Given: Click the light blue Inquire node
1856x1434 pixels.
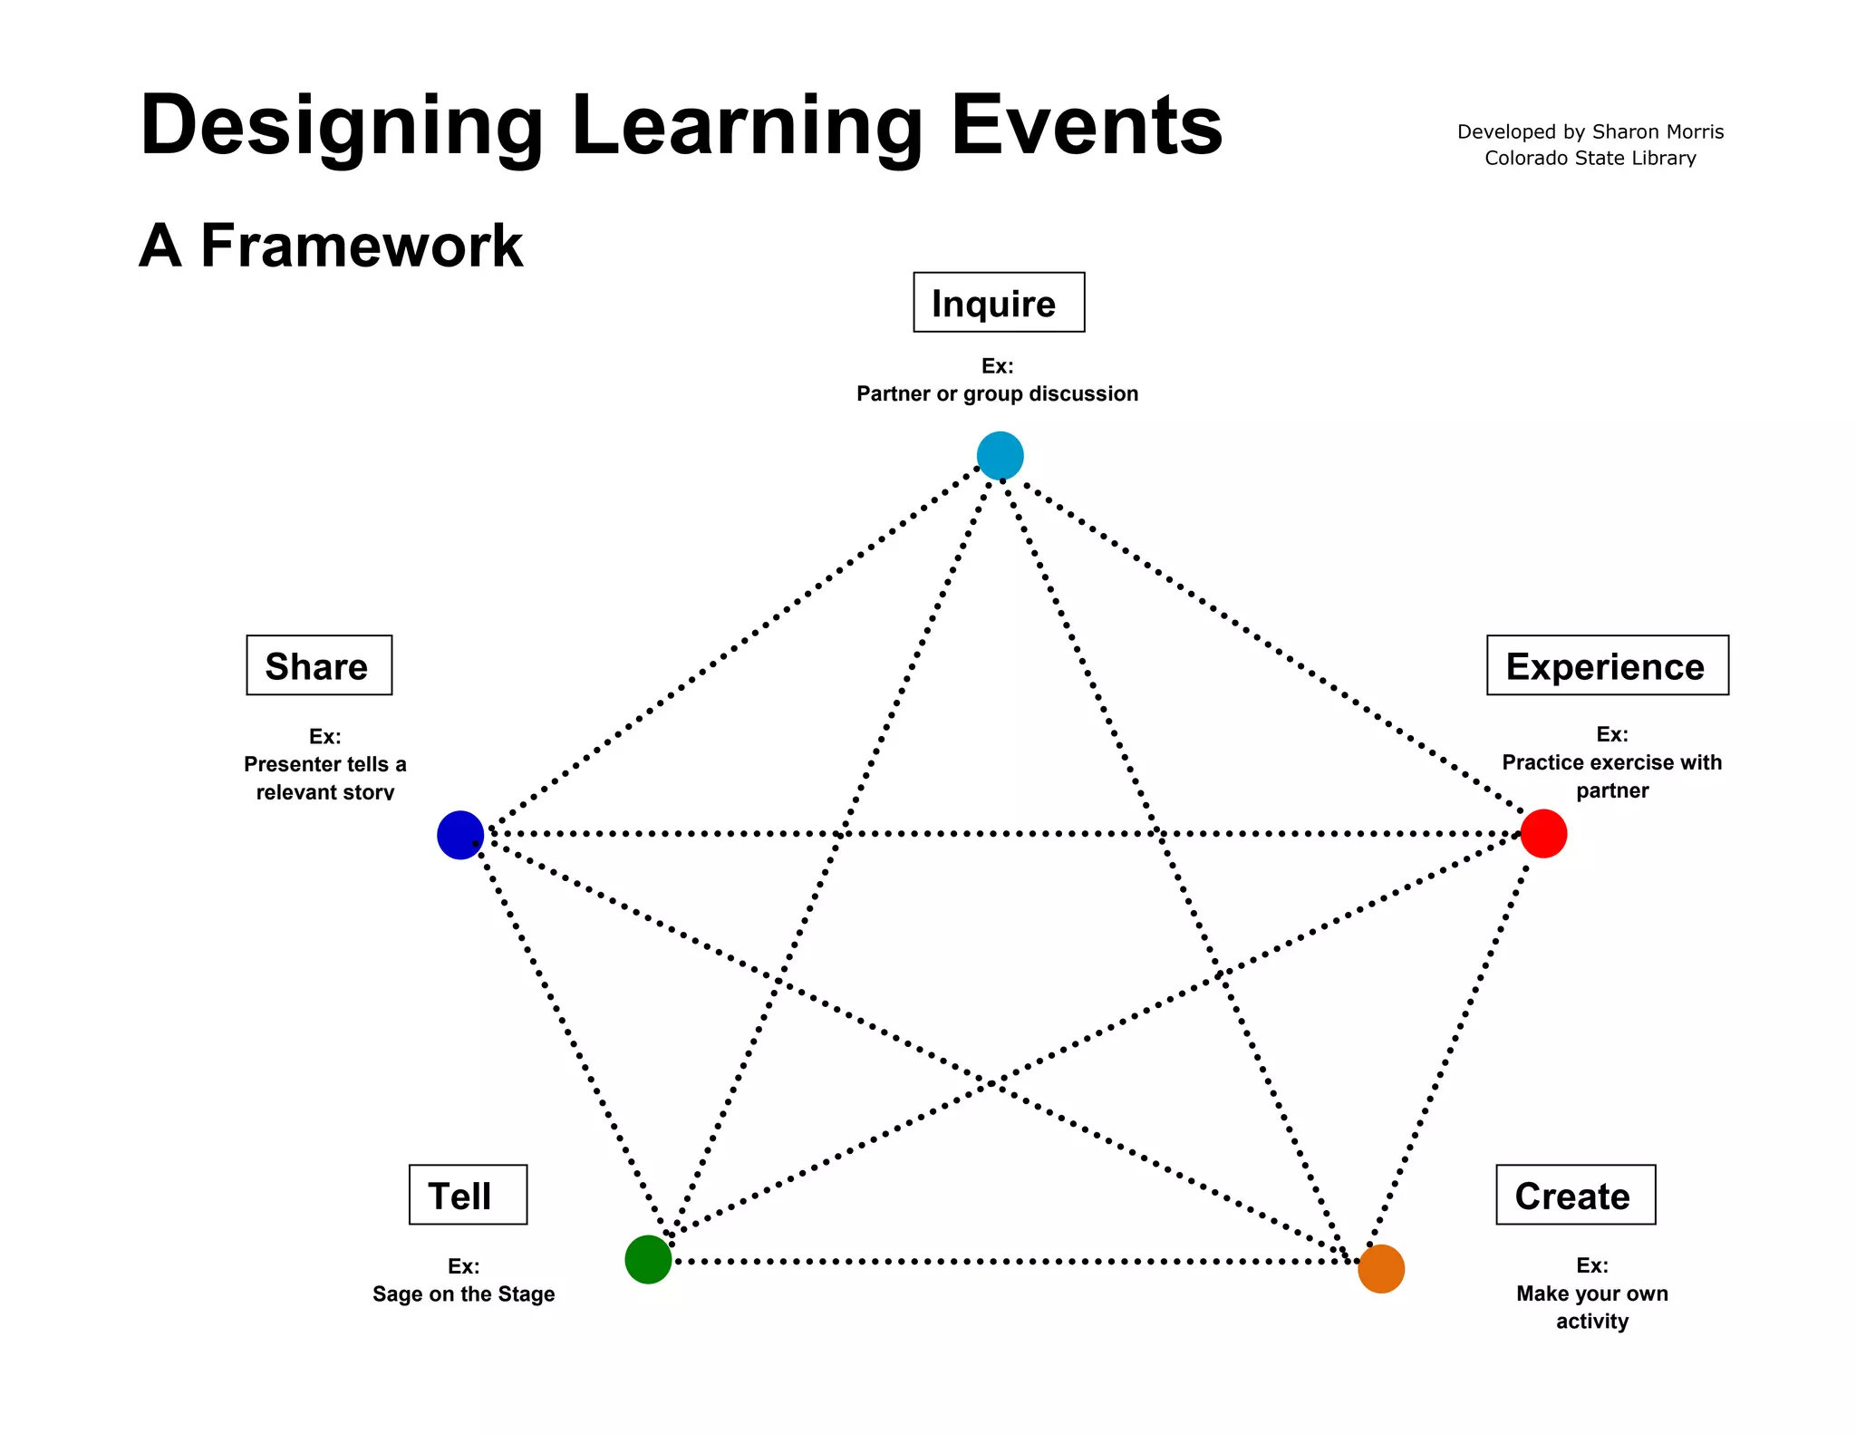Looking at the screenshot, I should pos(1000,455).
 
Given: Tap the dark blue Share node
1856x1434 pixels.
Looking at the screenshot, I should pos(460,835).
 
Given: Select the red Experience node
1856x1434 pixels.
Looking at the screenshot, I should pos(1543,833).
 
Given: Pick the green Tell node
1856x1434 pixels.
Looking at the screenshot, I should pos(648,1259).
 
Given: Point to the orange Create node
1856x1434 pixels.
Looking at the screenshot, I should pos(1380,1268).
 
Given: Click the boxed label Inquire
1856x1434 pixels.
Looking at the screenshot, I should pos(998,303).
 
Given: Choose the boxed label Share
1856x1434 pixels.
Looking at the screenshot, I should pos(319,665).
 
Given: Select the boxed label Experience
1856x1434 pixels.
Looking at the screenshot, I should pos(1607,665).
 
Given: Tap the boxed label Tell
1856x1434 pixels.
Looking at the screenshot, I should pos(468,1195).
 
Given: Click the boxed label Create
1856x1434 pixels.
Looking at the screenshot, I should pos(1575,1195).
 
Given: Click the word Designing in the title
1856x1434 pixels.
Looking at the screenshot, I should pos(342,126).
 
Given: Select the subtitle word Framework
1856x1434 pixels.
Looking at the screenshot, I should pos(362,246).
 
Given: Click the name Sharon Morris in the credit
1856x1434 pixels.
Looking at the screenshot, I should pos(1658,132).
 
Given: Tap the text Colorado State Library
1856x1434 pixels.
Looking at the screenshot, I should pos(1590,159).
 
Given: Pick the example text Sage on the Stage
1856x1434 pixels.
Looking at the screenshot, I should pos(463,1294).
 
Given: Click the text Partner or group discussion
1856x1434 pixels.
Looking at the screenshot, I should pos(997,393).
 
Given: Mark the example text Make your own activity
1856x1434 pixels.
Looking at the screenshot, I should pos(1591,1306).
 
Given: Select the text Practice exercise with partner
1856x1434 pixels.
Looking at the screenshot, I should pos(1611,776).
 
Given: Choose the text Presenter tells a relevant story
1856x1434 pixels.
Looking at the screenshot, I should pos(324,778).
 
